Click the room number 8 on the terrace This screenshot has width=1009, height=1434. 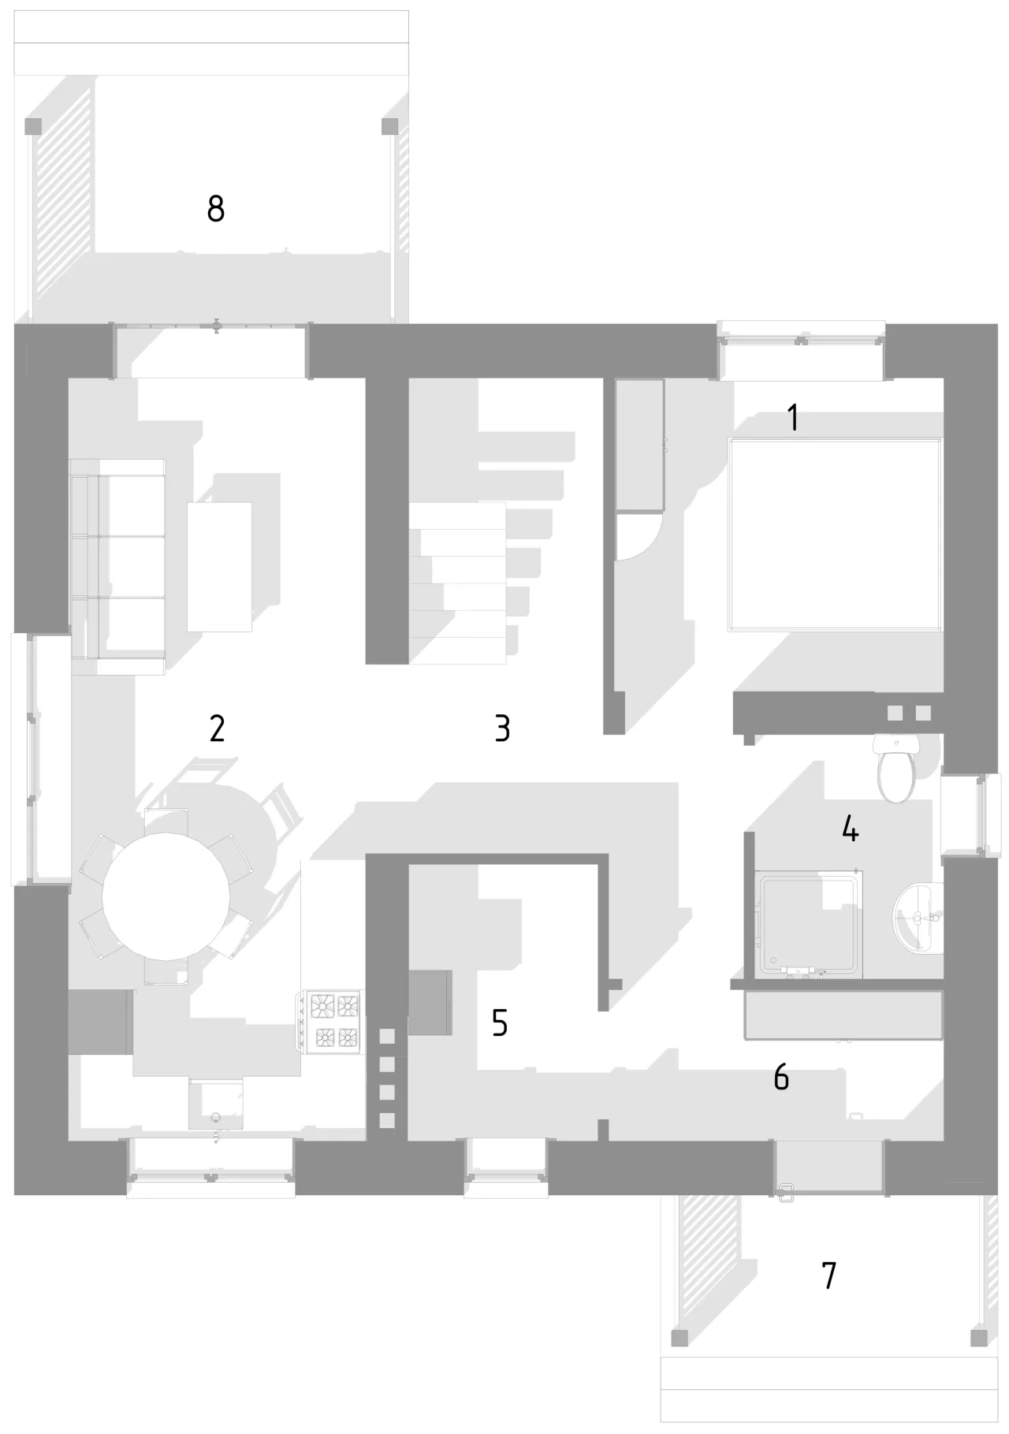[x=216, y=209]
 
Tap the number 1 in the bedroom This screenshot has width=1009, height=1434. [x=794, y=418]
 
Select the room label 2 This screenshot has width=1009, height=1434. [x=217, y=728]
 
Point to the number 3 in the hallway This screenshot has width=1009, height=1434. [x=502, y=728]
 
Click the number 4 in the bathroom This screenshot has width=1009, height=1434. [x=850, y=829]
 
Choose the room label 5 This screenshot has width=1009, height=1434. [x=499, y=1022]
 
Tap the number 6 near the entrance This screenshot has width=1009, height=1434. [x=781, y=1077]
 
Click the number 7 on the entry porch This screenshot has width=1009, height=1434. [x=828, y=1275]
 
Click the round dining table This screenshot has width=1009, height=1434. [x=166, y=896]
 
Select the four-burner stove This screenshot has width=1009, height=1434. [x=329, y=1022]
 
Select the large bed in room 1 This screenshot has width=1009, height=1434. [x=836, y=534]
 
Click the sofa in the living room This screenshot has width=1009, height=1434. [x=118, y=566]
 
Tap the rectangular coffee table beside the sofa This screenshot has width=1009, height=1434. [x=219, y=567]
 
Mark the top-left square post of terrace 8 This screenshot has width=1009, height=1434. [x=33, y=126]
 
